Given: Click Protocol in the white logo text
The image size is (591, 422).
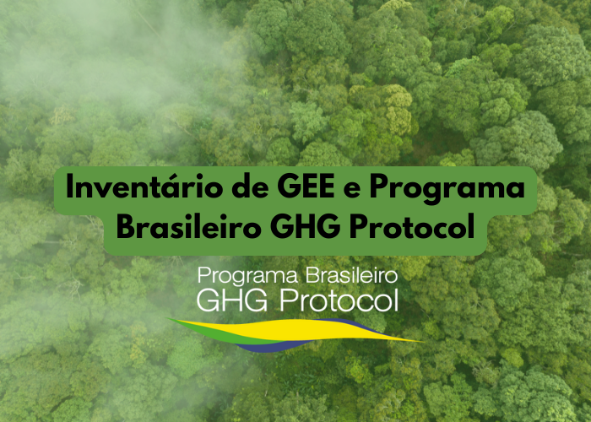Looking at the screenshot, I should [x=338, y=299].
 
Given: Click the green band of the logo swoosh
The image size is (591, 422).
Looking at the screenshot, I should [x=196, y=324].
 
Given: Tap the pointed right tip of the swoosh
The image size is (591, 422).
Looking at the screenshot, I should [x=420, y=341].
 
